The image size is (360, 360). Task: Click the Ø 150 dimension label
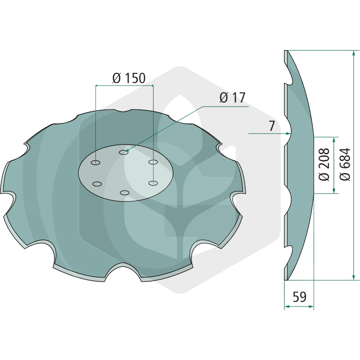coord(129,78)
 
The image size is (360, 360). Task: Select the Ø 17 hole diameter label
coord(232,98)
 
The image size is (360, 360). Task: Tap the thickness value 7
coord(272,126)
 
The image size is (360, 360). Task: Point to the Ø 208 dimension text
coord(324,164)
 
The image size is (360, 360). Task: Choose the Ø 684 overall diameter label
coord(345,164)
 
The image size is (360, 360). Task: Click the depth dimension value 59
coord(300,297)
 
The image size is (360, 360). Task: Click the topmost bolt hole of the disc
coord(123,152)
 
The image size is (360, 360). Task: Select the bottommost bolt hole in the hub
coord(125,193)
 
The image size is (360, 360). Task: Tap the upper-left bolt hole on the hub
coord(95,163)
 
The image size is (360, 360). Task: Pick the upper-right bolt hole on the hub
coord(153,162)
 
